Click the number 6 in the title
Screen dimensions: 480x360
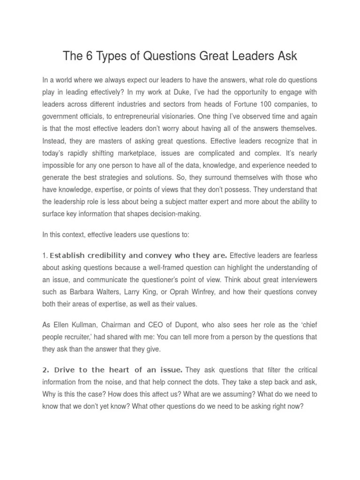pyautogui.click(x=89, y=57)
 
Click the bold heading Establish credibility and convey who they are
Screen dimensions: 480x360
pyautogui.click(x=138, y=255)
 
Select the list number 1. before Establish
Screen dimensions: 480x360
pyautogui.click(x=45, y=255)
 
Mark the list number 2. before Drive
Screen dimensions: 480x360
pyautogui.click(x=45, y=370)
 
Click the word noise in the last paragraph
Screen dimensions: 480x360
pyautogui.click(x=141, y=382)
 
